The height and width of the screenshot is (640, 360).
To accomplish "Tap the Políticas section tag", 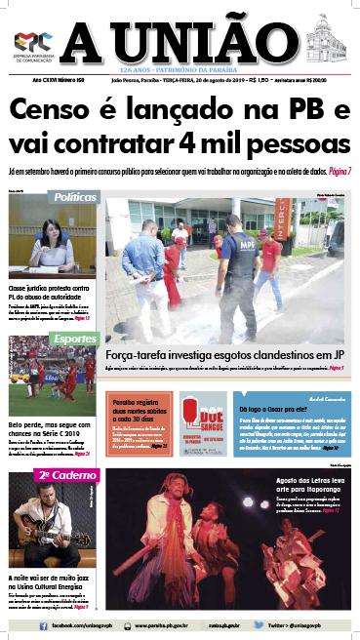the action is click(76, 197).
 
